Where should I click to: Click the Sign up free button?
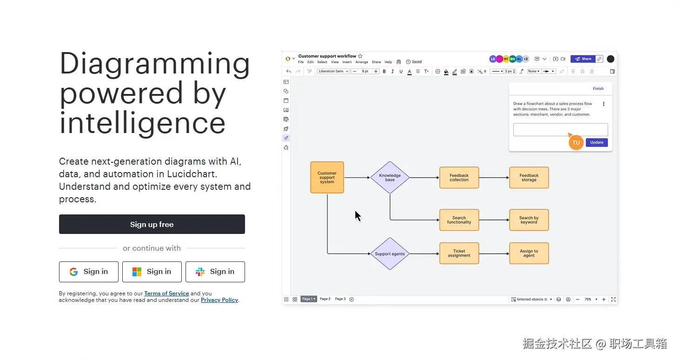point(152,224)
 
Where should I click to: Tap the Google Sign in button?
point(88,272)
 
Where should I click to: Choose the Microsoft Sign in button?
point(152,272)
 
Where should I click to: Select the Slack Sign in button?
point(215,272)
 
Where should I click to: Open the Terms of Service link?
point(166,293)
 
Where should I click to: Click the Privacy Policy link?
point(219,300)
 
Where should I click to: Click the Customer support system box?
point(327,177)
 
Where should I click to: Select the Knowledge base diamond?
point(390,177)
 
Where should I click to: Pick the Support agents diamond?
point(390,253)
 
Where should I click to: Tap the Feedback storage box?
point(529,177)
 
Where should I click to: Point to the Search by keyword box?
point(529,220)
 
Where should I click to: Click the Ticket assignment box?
point(459,253)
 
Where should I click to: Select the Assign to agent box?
point(529,253)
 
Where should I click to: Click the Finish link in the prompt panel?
point(598,88)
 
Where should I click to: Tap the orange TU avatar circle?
point(576,142)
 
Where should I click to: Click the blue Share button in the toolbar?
point(583,59)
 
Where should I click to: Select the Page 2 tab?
point(325,299)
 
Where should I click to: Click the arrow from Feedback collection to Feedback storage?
point(494,177)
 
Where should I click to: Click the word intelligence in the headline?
point(142,123)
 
